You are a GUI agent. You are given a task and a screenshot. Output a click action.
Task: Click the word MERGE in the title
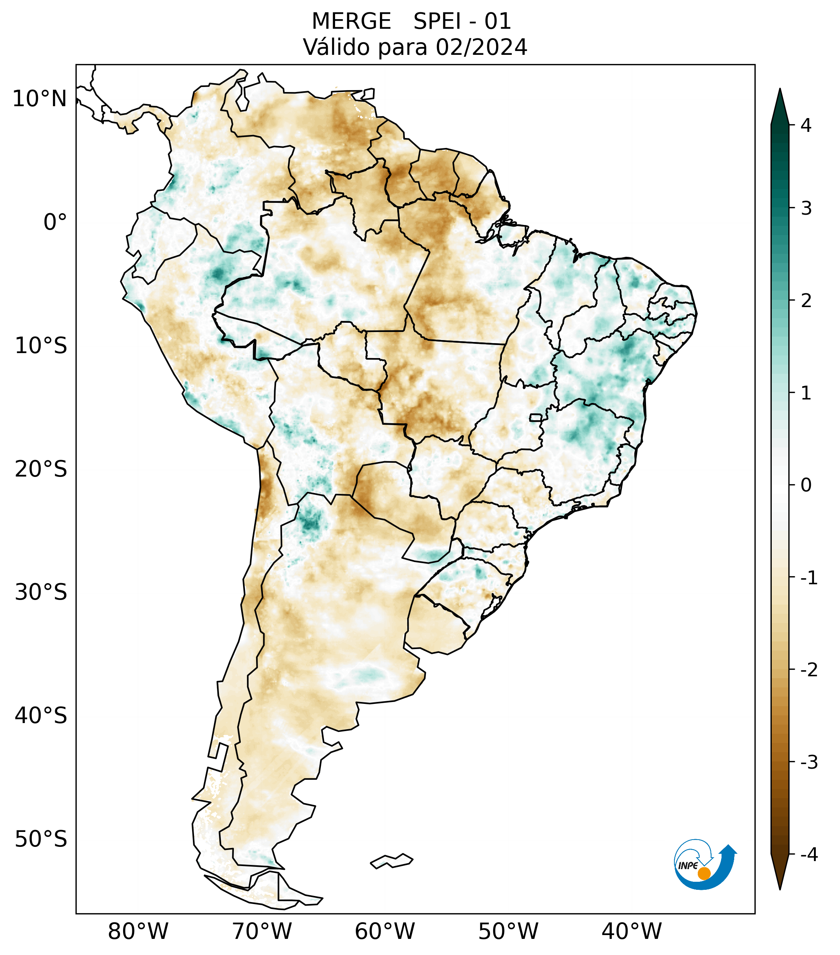coord(351,21)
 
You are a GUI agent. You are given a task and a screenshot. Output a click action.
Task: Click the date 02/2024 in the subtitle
coord(481,47)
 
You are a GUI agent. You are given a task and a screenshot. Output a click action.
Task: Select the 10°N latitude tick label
coord(40,99)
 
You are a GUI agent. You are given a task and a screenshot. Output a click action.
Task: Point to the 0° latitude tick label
coord(55,222)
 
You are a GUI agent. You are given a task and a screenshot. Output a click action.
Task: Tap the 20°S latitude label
coord(41,469)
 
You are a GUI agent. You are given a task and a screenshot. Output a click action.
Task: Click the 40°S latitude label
coord(41,716)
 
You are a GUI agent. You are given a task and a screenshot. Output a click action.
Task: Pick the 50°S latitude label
coord(41,839)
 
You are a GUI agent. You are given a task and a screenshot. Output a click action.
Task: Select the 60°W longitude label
coord(385,931)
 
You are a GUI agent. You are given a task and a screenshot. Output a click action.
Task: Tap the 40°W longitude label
coord(631,931)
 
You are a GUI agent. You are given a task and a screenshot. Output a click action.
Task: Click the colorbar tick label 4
coord(806,125)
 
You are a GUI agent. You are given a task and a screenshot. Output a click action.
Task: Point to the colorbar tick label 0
coord(806,485)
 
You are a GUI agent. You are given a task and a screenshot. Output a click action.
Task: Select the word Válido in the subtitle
coord(336,47)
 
